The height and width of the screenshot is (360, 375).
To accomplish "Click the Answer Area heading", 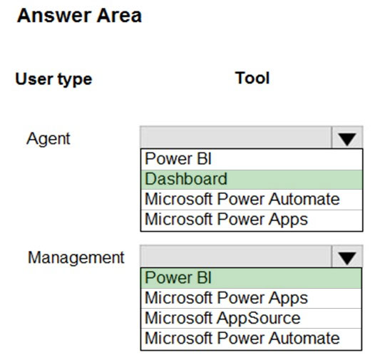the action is (x=79, y=16).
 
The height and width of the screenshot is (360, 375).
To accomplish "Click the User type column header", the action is (x=53, y=79).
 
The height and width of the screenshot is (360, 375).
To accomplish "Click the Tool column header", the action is (x=252, y=78).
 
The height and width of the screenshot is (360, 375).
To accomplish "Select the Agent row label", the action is (x=48, y=139).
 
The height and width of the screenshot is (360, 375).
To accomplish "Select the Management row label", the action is (x=76, y=257).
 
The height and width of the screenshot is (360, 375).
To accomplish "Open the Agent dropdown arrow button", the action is (x=347, y=138).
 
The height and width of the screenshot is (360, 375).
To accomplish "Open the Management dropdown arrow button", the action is (x=347, y=257).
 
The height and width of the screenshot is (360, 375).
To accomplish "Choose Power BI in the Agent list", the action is (x=178, y=159).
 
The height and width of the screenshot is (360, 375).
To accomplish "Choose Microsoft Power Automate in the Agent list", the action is (x=242, y=199).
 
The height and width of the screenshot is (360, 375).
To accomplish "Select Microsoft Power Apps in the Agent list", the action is (x=226, y=220).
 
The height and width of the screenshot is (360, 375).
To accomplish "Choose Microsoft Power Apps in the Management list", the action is (x=226, y=298).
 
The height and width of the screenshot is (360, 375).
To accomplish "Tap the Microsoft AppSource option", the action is (x=222, y=318).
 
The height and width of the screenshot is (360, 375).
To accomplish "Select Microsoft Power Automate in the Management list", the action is (x=242, y=338).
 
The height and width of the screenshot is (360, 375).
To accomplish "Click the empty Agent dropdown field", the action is (x=236, y=138).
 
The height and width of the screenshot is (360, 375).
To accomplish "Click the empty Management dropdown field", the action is (x=236, y=257).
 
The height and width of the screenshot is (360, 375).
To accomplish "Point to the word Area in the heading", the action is (x=119, y=16).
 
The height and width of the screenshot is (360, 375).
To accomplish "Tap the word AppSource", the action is (x=259, y=318).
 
